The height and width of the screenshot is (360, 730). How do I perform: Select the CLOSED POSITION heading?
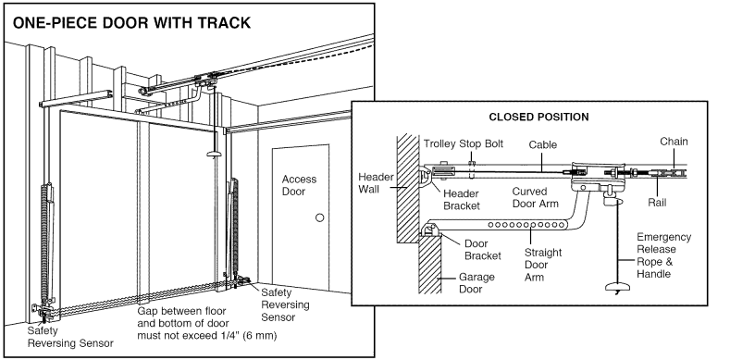[x=544, y=118]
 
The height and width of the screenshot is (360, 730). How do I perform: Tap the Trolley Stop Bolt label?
[x=462, y=144]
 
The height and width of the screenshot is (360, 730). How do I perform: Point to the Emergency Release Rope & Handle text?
[x=664, y=255]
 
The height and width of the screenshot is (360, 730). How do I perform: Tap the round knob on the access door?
[x=319, y=217]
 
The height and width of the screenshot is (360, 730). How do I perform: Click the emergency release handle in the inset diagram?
[x=613, y=289]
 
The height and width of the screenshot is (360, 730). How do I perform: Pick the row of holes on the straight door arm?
[x=526, y=225]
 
